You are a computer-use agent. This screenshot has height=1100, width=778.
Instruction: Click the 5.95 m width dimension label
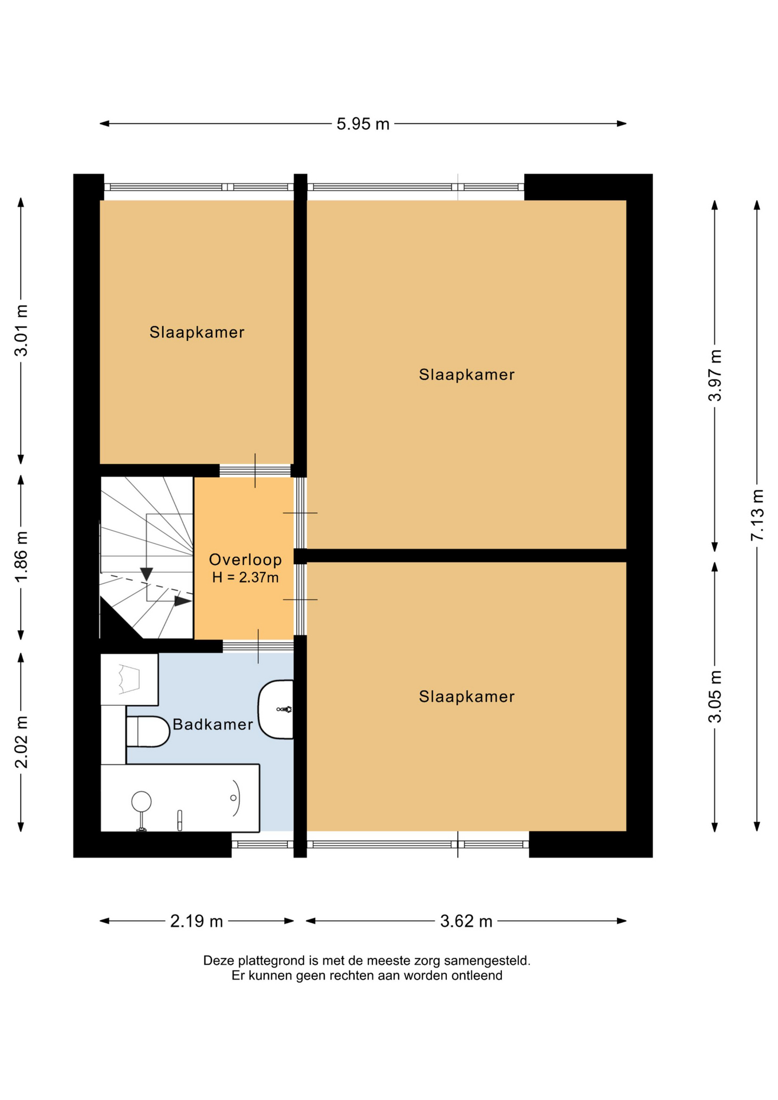(363, 124)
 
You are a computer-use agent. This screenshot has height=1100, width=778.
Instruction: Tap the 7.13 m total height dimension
(757, 514)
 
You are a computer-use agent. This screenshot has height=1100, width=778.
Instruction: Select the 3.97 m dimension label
(715, 375)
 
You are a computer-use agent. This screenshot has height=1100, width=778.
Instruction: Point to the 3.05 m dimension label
(715, 696)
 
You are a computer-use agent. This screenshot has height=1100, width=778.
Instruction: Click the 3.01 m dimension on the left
(21, 331)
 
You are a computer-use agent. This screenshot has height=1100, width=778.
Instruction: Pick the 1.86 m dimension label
(21, 557)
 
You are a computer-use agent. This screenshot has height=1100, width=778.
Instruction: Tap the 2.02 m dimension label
(21, 742)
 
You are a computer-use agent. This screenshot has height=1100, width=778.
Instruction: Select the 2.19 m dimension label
(197, 921)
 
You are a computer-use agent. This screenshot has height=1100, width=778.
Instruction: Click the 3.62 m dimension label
(466, 921)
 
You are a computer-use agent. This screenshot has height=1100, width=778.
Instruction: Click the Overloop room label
(245, 560)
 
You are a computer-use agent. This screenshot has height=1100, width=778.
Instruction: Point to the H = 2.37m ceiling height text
(245, 577)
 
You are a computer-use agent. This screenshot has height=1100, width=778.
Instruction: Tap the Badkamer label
(213, 725)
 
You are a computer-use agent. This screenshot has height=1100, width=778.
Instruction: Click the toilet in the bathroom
(148, 732)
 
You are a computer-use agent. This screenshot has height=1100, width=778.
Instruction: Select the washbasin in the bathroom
(276, 709)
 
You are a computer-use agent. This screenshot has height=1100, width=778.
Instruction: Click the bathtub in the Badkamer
(180, 797)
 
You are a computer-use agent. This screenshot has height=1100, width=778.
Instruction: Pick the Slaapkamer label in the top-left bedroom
(197, 332)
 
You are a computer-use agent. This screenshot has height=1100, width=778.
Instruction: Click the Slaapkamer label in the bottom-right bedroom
(467, 697)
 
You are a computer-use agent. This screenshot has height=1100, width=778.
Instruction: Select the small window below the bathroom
(262, 844)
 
